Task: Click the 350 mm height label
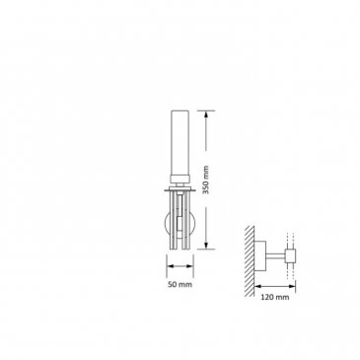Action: (x=206, y=180)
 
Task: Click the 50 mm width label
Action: (x=180, y=285)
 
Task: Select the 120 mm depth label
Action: (x=275, y=297)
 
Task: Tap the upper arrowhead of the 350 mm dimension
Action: (x=206, y=114)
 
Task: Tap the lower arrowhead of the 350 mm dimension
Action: (x=206, y=246)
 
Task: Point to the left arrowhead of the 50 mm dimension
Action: (x=171, y=266)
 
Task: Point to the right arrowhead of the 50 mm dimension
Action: (x=189, y=266)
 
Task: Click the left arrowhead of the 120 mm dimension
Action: (x=258, y=285)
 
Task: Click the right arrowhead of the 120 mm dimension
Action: (x=292, y=285)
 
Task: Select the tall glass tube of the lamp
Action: (x=180, y=143)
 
